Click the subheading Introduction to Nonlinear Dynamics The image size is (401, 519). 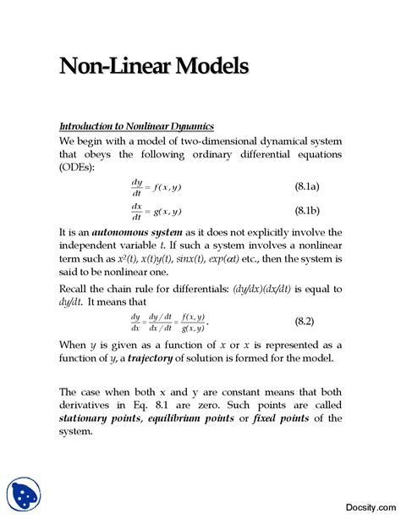point(136,125)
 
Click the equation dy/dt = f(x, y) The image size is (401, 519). point(156,186)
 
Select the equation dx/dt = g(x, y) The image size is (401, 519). point(156,211)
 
